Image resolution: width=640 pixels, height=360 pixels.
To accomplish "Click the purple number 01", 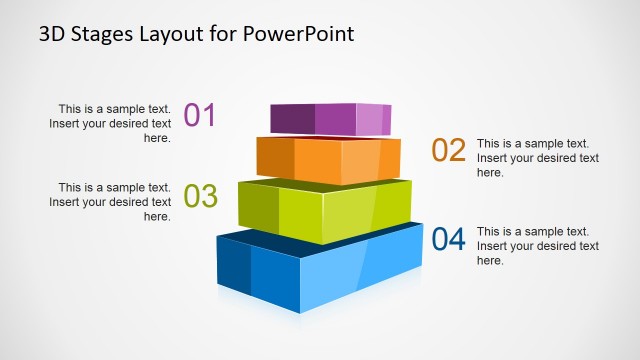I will pyautogui.click(x=200, y=115).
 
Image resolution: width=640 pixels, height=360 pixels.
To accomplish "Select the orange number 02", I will pyautogui.click(x=449, y=150).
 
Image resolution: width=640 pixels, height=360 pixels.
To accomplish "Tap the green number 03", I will pyautogui.click(x=201, y=196).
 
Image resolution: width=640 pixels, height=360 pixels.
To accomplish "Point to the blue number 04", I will pyautogui.click(x=449, y=240).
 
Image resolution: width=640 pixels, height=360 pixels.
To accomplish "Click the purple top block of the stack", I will pyautogui.click(x=330, y=118).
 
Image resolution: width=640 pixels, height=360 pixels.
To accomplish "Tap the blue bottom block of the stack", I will pyautogui.click(x=320, y=270).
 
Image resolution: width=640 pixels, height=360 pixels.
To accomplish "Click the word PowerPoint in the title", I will pyautogui.click(x=298, y=34).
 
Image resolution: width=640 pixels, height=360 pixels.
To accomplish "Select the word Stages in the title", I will pyautogui.click(x=97, y=34).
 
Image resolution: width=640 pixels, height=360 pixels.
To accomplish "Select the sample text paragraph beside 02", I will pyautogui.click(x=537, y=158).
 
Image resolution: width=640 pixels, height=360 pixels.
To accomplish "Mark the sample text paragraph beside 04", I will pyautogui.click(x=537, y=246).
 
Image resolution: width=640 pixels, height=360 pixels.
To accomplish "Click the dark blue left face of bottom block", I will pyautogui.click(x=234, y=266).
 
